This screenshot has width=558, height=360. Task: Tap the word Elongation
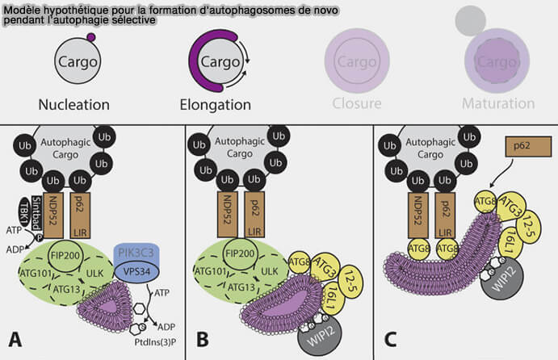[x=215, y=104]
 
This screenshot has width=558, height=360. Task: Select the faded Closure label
[x=356, y=104]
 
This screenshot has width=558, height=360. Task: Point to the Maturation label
[x=498, y=104]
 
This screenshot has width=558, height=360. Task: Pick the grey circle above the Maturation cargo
[x=471, y=22]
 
